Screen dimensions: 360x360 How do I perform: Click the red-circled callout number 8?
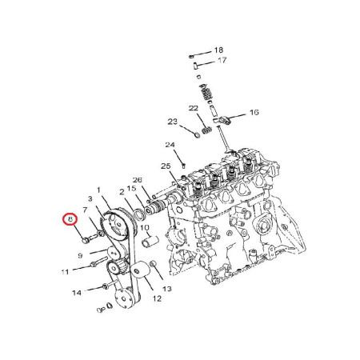click(70, 219)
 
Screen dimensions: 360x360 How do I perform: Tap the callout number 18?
click(218, 50)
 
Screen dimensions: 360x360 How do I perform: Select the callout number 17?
click(222, 60)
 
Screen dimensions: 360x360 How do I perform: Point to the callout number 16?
click(254, 112)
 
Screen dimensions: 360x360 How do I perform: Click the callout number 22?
click(194, 108)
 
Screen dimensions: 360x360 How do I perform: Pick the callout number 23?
click(173, 122)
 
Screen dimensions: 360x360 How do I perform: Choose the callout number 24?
click(170, 145)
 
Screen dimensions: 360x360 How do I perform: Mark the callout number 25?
click(166, 166)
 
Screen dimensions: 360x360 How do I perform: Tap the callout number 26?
click(138, 180)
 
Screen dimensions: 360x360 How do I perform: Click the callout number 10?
click(145, 228)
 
